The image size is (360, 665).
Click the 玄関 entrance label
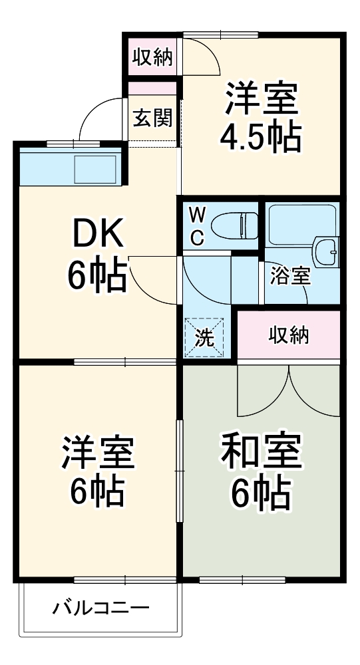(152, 118)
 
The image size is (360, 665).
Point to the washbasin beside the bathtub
(327, 252)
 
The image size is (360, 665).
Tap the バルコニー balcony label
(101, 608)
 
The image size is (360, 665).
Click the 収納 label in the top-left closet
(152, 58)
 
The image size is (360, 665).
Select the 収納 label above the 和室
(289, 336)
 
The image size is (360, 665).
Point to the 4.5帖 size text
(260, 138)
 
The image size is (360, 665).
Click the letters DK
(97, 233)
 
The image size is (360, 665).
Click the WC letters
(197, 225)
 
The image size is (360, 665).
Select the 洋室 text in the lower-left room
(98, 453)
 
